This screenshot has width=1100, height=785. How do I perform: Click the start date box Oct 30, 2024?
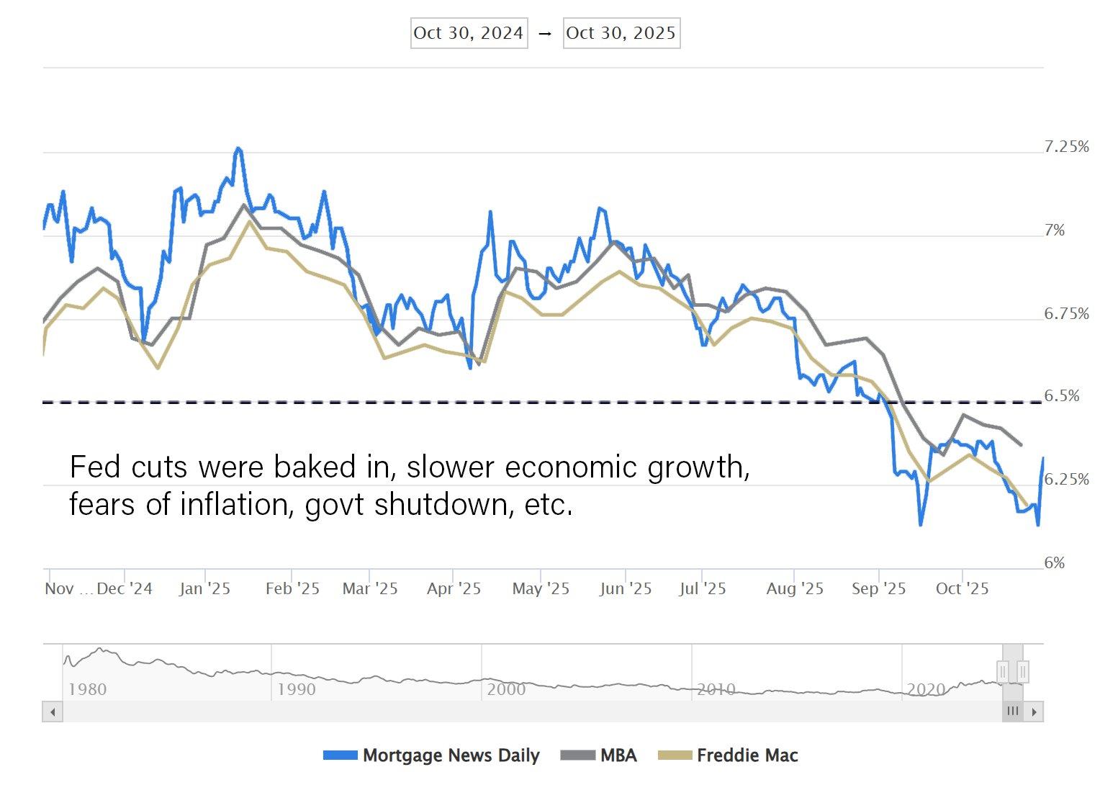(469, 33)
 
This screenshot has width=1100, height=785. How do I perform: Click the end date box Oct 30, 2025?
(621, 33)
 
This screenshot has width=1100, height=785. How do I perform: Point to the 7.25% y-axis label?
(1066, 147)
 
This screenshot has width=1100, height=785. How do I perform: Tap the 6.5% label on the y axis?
(1062, 396)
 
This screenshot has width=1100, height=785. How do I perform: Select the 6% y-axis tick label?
(1054, 563)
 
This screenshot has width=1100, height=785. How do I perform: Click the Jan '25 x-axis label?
(204, 588)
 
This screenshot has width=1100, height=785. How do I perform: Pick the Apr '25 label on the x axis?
(454, 588)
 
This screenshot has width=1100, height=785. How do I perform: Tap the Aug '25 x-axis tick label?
(795, 588)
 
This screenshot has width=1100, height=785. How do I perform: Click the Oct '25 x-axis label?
(962, 588)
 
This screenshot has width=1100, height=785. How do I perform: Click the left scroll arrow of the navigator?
(52, 712)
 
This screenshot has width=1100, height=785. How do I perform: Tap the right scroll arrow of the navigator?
(1034, 712)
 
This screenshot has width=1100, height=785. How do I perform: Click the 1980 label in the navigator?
(87, 689)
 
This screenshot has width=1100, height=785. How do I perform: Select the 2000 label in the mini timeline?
(506, 689)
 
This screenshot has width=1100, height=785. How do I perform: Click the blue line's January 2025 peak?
(238, 148)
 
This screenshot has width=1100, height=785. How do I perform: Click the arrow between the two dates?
(545, 34)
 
